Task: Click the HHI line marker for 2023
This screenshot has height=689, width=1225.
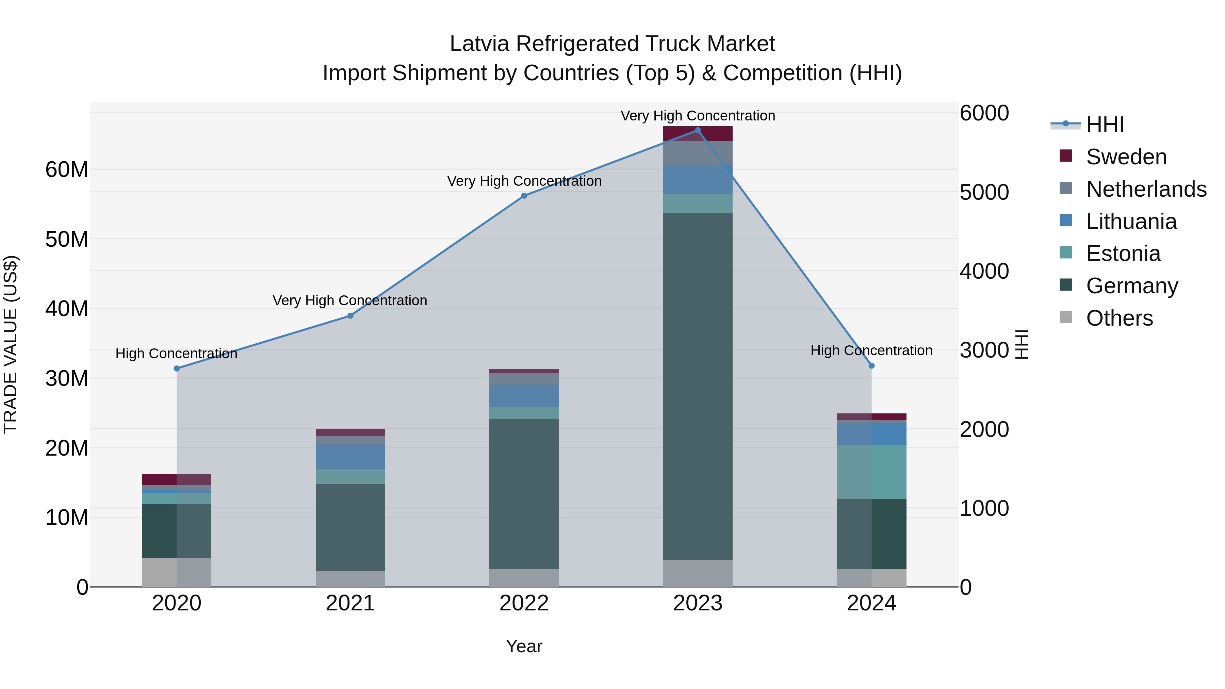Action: tap(698, 130)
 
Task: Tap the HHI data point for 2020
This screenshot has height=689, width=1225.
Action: tap(177, 368)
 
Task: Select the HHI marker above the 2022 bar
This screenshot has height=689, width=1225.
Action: tap(524, 196)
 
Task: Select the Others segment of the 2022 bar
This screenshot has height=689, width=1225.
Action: tap(524, 578)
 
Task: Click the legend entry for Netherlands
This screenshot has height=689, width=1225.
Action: tap(1146, 189)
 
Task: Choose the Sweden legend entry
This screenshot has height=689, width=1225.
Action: tap(1126, 157)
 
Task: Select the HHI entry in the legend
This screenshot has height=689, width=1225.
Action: tap(1105, 125)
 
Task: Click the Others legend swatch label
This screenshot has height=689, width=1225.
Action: tap(1120, 318)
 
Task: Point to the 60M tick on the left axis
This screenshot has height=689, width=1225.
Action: tap(67, 170)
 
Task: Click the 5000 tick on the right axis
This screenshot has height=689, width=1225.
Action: tap(984, 193)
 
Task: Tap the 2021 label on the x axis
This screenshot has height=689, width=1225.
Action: tap(350, 603)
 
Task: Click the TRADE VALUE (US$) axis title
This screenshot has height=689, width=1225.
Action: tap(11, 344)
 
